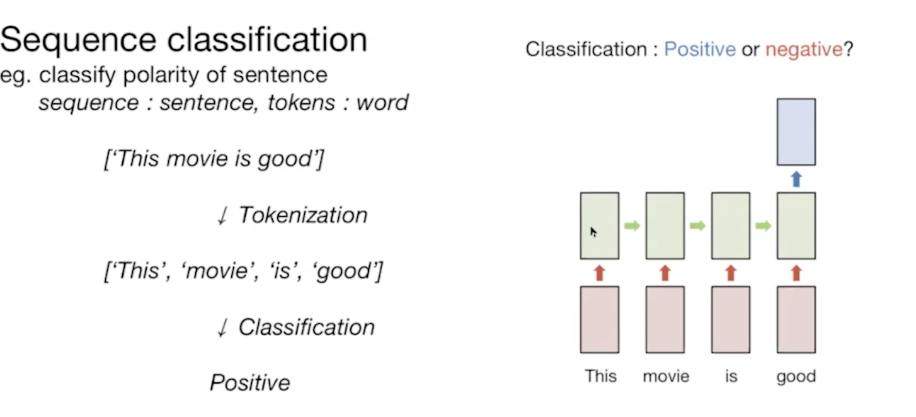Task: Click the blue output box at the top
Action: (x=796, y=132)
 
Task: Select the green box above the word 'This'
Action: (x=599, y=226)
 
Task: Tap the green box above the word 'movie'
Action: (x=665, y=226)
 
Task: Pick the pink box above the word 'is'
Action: (x=730, y=319)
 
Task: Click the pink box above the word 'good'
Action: (x=796, y=319)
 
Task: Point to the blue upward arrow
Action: (x=796, y=179)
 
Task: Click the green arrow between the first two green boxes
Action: (x=632, y=226)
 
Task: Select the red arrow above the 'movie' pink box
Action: (x=665, y=273)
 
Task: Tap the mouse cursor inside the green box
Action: (x=593, y=231)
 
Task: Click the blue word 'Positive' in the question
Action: (x=700, y=49)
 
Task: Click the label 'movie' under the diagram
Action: (x=666, y=377)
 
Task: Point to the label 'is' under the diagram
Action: (x=731, y=377)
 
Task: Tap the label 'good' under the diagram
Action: (x=796, y=377)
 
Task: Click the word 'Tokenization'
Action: (x=302, y=215)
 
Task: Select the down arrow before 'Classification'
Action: (x=221, y=328)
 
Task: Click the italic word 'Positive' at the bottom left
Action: (x=249, y=383)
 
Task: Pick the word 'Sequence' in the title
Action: (x=78, y=40)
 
